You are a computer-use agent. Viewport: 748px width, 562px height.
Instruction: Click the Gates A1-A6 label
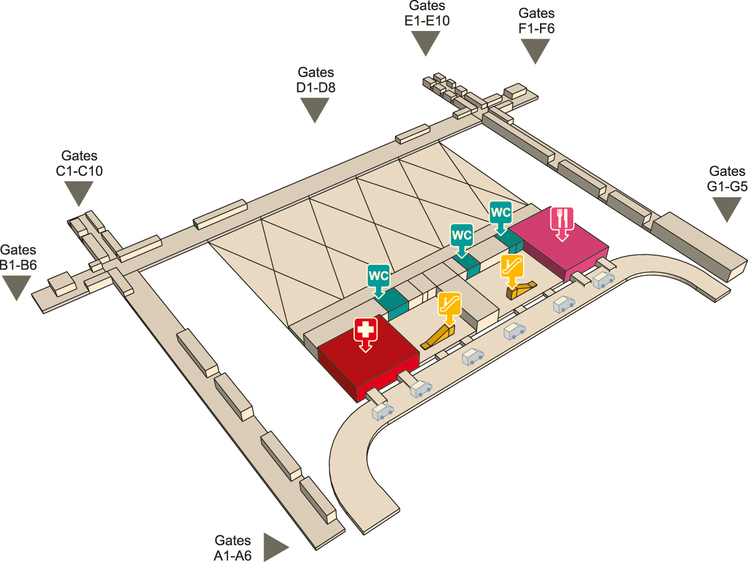click(233, 548)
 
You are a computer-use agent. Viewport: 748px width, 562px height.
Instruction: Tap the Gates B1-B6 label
click(18, 257)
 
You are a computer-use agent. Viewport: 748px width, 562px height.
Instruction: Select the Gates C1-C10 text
click(79, 163)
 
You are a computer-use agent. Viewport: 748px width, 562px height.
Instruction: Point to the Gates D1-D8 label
click(316, 80)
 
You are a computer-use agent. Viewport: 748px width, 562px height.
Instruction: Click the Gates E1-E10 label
click(427, 13)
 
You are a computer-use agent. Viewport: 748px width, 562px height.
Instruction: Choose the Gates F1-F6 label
click(536, 20)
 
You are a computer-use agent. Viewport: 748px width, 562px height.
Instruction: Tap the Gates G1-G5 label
click(727, 178)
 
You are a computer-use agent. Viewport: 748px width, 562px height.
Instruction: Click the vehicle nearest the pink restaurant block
click(604, 280)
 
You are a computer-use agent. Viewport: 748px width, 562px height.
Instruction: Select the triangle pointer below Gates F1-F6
click(535, 51)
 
